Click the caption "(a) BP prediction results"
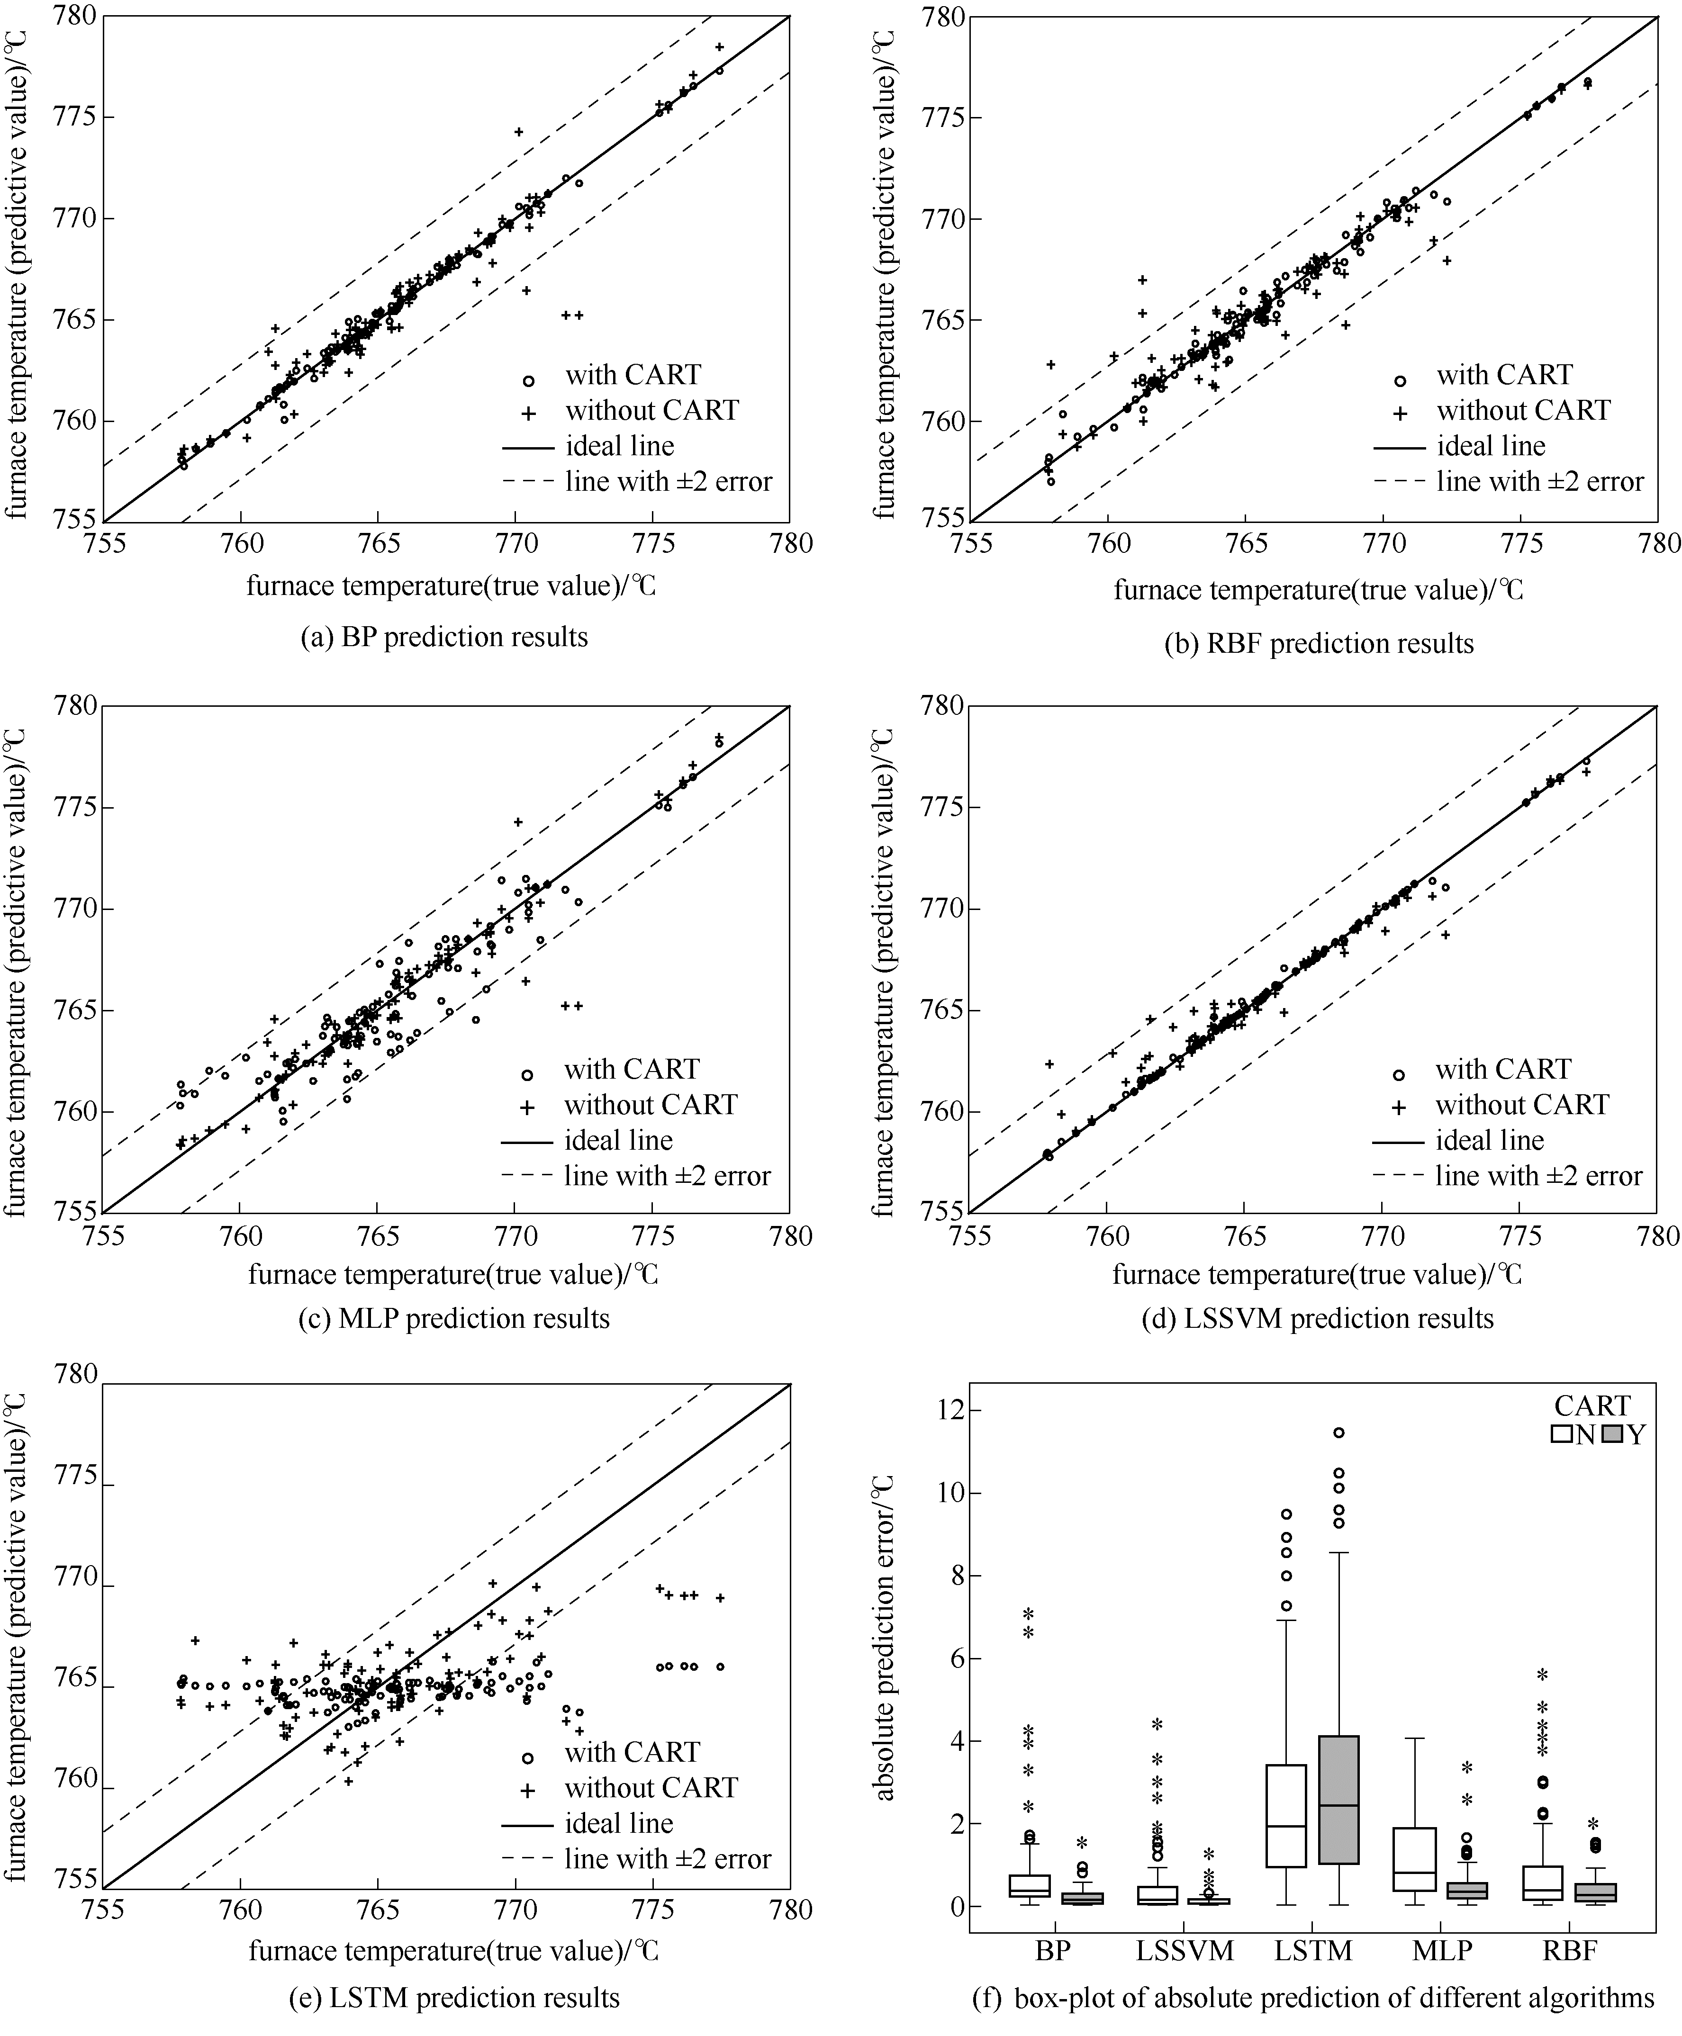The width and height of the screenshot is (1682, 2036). [x=445, y=637]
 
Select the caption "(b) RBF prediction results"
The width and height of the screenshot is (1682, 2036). [x=1319, y=644]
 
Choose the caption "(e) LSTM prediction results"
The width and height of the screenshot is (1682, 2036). [x=454, y=1998]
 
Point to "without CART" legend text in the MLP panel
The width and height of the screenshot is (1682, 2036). [x=650, y=1105]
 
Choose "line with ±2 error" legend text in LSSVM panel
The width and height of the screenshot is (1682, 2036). [x=1538, y=1176]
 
